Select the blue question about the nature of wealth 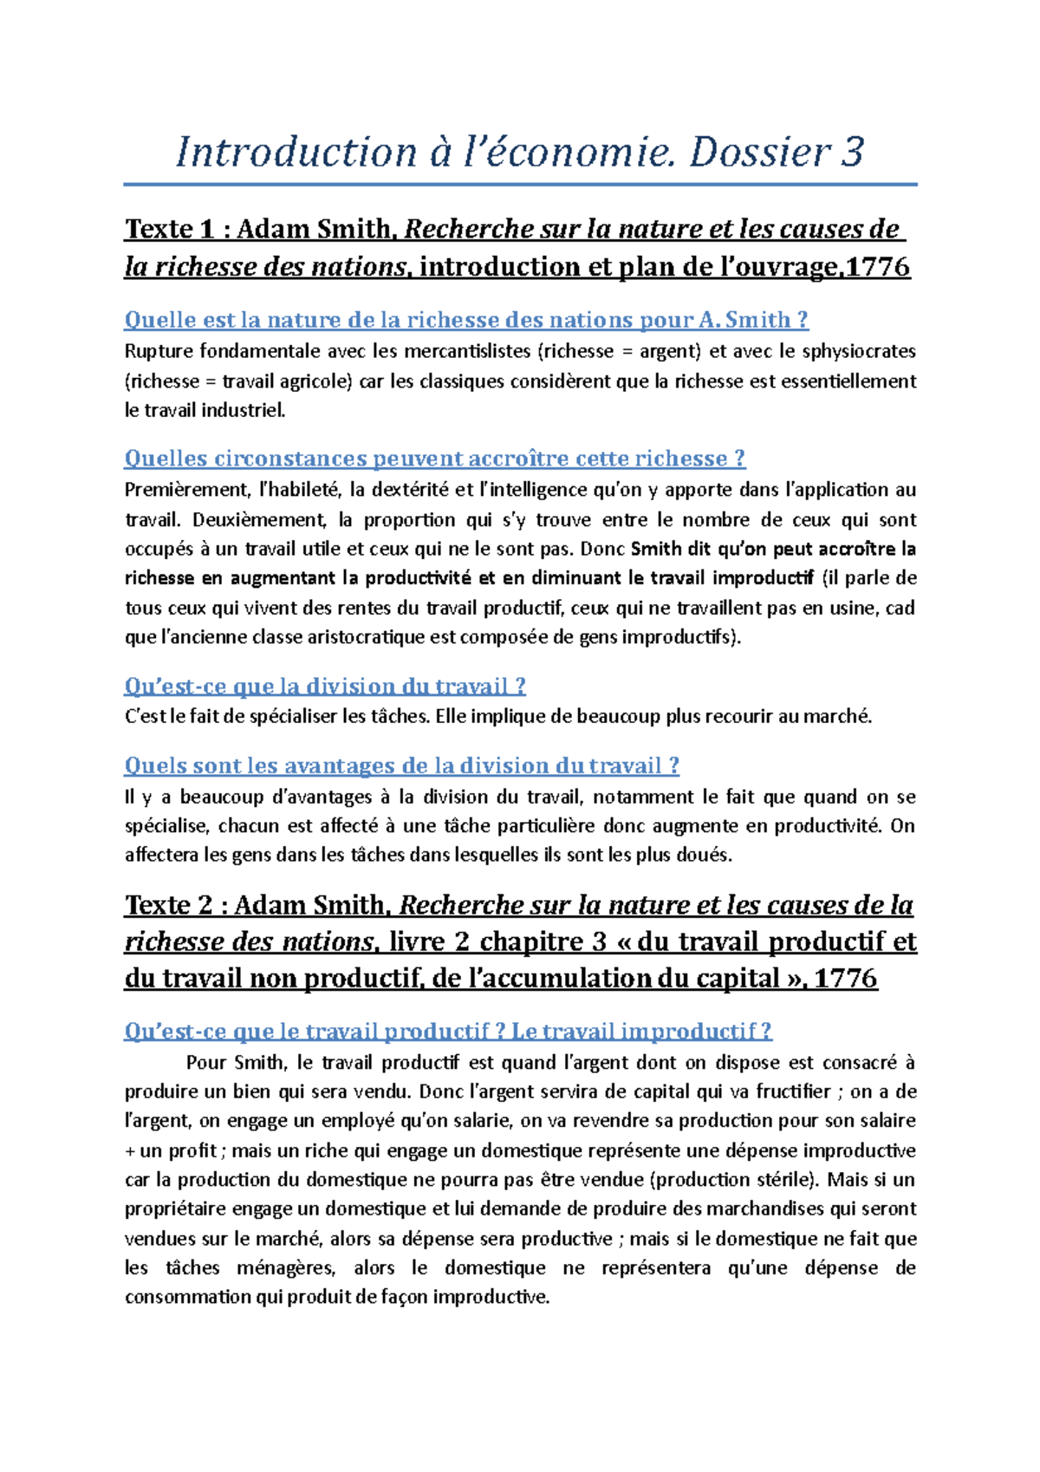pyautogui.click(x=466, y=320)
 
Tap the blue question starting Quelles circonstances pyautogui.click(x=434, y=459)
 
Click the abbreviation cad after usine pyautogui.click(x=900, y=608)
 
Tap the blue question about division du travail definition pyautogui.click(x=325, y=687)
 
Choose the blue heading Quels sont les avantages pyautogui.click(x=401, y=765)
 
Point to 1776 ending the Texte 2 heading pyautogui.click(x=846, y=979)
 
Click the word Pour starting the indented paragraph pyautogui.click(x=205, y=1063)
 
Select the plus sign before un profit pyautogui.click(x=131, y=1151)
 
